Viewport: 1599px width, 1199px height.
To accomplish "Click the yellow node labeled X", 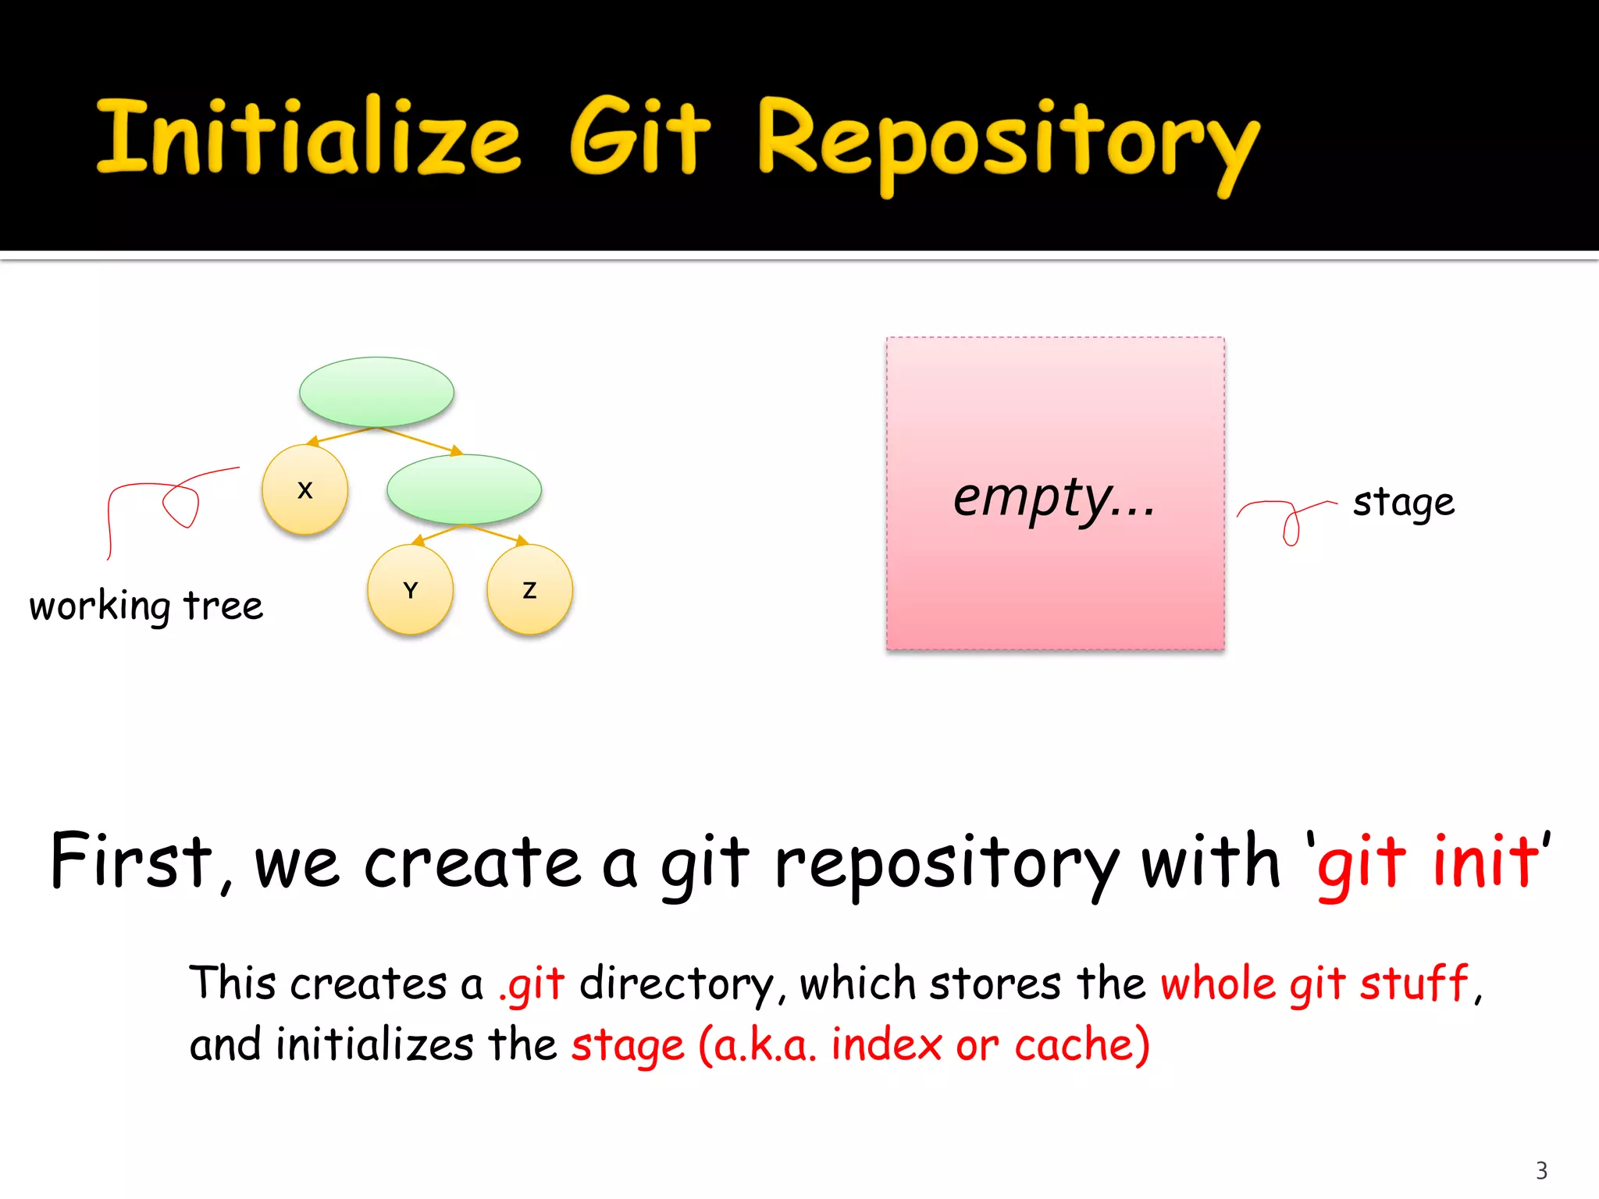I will tap(304, 489).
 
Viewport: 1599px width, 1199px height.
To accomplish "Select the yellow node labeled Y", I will tap(410, 589).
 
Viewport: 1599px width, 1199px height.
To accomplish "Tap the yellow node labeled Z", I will tap(529, 589).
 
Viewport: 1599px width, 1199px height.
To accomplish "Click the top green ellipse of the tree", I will tap(376, 392).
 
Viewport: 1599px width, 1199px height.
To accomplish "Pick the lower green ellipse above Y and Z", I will tap(464, 489).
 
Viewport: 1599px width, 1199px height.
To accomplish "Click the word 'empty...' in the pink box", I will tap(1054, 497).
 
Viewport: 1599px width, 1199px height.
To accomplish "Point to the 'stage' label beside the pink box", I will tap(1403, 502).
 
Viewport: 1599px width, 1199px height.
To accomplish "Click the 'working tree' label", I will tap(146, 606).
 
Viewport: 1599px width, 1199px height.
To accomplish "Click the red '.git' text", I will tap(531, 984).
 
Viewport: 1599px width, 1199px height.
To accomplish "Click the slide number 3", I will tap(1541, 1170).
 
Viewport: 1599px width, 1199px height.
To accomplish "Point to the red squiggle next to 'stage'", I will tap(1286, 518).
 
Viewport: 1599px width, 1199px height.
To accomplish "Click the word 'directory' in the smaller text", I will tap(676, 984).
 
